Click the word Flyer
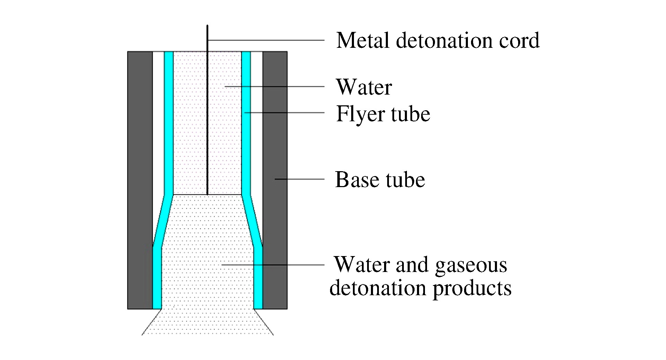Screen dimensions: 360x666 pyautogui.click(x=361, y=114)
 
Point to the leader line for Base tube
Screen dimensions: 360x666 pyautogui.click(x=299, y=179)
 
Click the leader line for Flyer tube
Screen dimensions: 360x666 pyautogui.click(x=284, y=113)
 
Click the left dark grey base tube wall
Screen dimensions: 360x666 pyautogui.click(x=140, y=180)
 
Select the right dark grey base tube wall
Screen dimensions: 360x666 pyautogui.click(x=275, y=139)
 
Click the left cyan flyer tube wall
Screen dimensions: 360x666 pyautogui.click(x=169, y=121)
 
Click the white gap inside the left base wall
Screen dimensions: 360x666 pyautogui.click(x=158, y=121)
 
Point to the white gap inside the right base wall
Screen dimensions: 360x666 pyautogui.click(x=256, y=121)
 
